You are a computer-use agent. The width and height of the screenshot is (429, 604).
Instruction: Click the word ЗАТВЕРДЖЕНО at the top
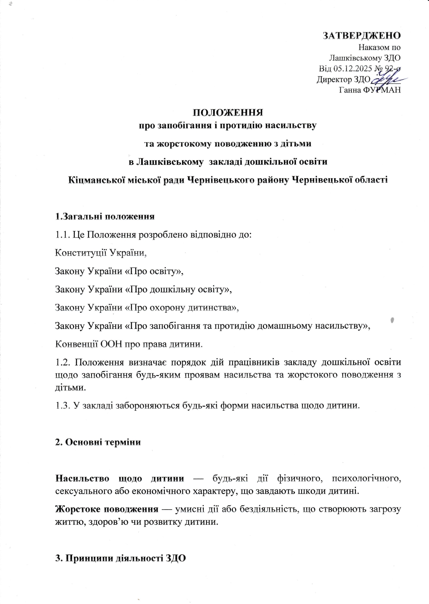(x=361, y=36)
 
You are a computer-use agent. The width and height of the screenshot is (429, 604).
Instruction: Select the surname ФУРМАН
(x=381, y=90)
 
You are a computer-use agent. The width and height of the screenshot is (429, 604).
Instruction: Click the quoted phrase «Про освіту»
(x=153, y=271)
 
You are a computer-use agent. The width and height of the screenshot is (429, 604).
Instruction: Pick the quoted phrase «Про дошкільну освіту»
(x=177, y=289)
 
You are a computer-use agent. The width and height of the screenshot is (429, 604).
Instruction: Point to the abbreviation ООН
(x=110, y=344)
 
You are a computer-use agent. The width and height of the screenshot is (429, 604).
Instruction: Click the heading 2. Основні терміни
(x=98, y=442)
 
